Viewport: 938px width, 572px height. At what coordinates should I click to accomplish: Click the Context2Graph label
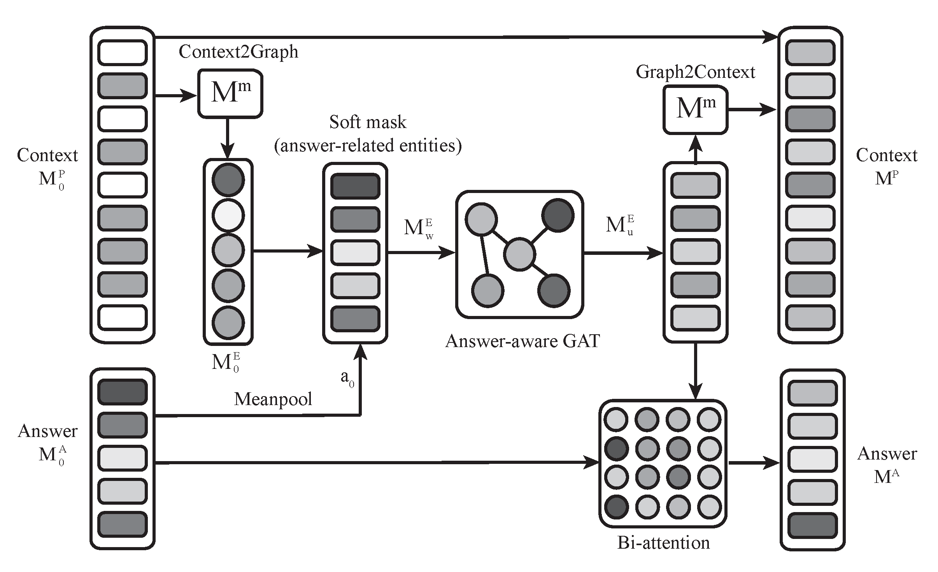pos(238,52)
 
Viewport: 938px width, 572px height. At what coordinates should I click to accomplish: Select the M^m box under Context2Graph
pos(230,93)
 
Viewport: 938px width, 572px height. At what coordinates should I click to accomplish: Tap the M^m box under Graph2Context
pos(695,110)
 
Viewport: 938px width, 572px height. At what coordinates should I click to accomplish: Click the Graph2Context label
pos(695,72)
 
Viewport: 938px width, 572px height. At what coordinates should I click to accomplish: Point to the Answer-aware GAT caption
pos(522,341)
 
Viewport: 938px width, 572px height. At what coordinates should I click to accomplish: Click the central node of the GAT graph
pos(519,254)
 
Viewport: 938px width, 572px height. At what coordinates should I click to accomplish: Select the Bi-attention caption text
pos(663,542)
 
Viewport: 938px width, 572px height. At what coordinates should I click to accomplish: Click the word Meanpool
pos(273,399)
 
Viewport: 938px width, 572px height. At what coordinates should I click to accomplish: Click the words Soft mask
pos(368,122)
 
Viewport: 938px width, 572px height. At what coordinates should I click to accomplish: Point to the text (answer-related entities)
pos(368,146)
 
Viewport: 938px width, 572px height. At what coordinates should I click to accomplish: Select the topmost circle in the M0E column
pos(228,179)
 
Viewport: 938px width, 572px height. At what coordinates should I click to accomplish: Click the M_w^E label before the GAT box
pos(419,228)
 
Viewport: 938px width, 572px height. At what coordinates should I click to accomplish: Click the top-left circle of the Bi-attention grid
pos(616,419)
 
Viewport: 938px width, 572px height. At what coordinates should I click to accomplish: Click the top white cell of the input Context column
pos(122,53)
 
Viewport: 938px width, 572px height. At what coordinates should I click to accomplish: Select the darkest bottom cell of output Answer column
pos(812,525)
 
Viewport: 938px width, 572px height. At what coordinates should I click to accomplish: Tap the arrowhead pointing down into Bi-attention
pos(695,391)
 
